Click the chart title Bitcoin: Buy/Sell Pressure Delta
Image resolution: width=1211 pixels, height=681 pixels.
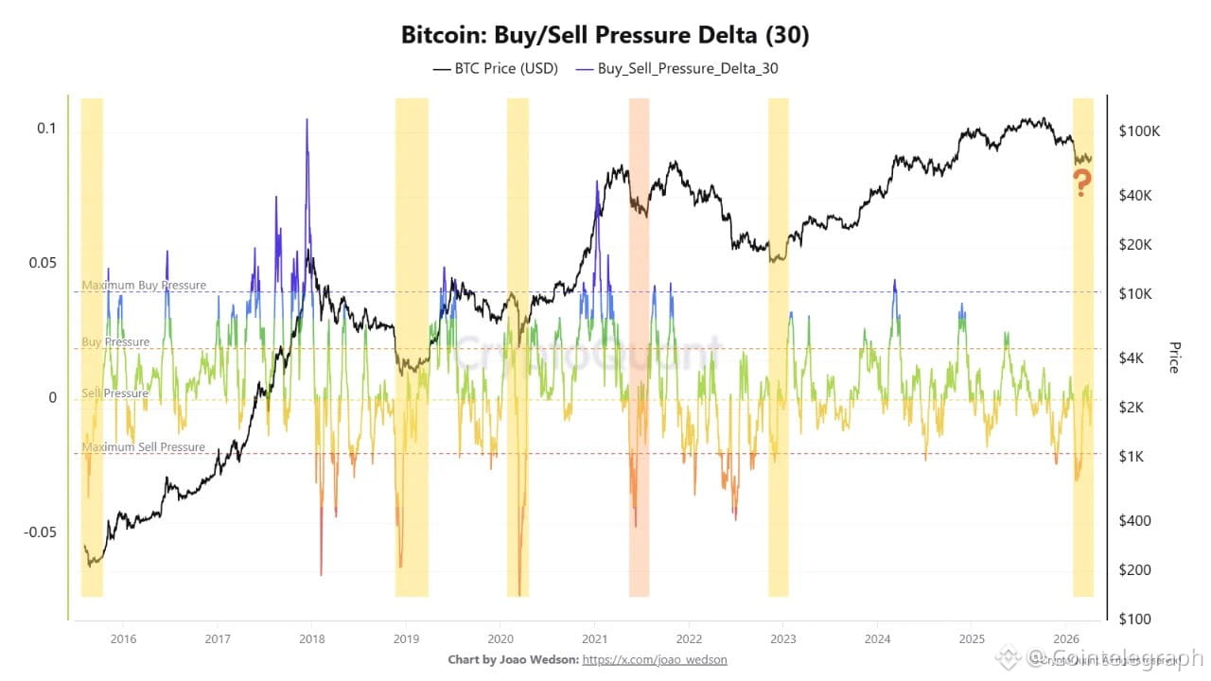point(605,36)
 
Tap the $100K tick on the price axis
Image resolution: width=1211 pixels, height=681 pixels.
point(1138,131)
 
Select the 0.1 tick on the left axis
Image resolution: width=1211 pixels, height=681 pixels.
point(47,129)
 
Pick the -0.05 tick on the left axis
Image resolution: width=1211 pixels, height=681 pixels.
point(41,532)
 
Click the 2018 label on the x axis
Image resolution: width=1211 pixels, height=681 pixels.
point(311,638)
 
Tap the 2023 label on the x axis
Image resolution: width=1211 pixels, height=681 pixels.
point(782,638)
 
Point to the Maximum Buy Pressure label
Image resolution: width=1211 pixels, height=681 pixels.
point(144,285)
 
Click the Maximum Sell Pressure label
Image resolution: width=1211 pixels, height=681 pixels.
point(144,447)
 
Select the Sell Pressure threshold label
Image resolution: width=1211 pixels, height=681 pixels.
point(115,393)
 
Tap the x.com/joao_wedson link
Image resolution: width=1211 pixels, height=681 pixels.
point(655,659)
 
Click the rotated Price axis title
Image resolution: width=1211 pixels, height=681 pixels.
point(1174,357)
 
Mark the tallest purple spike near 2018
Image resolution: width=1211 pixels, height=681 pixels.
point(307,121)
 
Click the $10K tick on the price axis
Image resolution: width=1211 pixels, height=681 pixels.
point(1136,294)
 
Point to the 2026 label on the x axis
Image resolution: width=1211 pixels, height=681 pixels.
point(1066,638)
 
